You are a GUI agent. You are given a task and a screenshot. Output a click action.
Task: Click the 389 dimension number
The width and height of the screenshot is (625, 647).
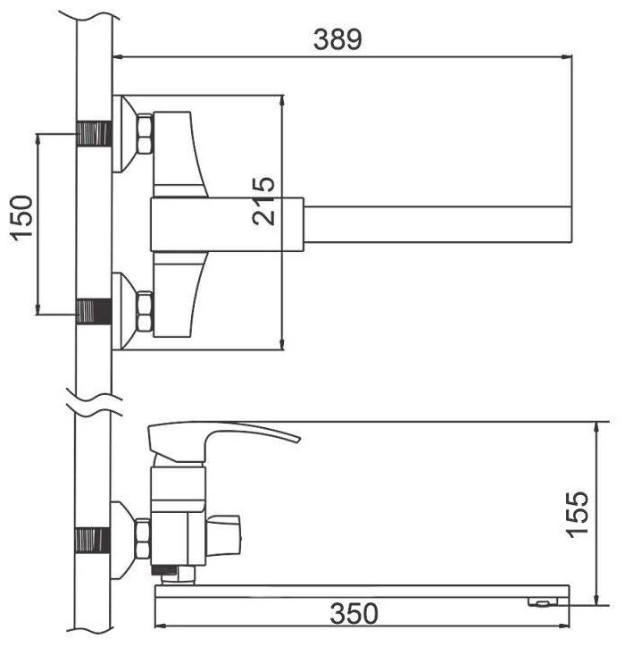pos(337,39)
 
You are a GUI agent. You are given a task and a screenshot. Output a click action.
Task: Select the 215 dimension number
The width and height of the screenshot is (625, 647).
pos(263,201)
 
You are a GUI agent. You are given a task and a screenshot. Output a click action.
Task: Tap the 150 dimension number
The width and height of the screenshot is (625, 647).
pos(21,218)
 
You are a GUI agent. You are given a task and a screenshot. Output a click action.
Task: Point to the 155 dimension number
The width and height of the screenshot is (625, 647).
pos(577,514)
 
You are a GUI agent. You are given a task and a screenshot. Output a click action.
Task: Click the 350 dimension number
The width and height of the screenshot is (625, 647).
pos(354,613)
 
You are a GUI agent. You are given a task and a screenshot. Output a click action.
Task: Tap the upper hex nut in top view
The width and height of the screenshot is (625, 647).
pos(145,134)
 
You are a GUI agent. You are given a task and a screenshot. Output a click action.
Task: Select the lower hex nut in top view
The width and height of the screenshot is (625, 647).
pos(145,312)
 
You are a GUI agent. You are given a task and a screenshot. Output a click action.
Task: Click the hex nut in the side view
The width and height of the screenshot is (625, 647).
pos(142,539)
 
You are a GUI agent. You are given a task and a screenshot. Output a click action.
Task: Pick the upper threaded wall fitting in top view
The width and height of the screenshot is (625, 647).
pos(94,133)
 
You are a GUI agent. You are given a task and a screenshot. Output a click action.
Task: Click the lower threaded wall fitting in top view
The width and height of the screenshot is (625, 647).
pos(94,312)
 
